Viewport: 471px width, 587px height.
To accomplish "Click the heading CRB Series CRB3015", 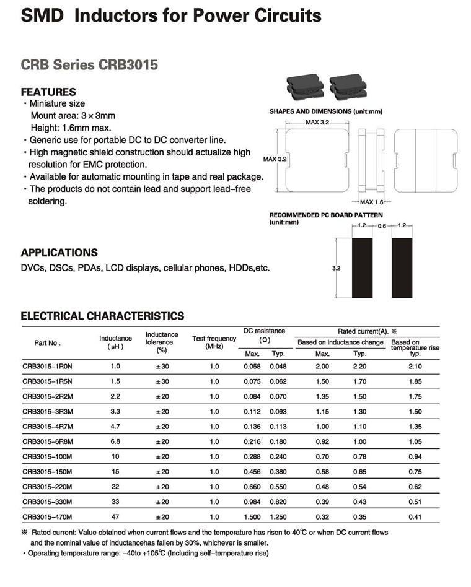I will [x=89, y=64].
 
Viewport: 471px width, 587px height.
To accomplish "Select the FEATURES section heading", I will [x=48, y=92].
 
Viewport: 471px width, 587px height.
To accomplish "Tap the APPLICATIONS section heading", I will [x=59, y=253].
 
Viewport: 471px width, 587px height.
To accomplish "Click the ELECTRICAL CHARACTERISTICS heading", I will [x=102, y=316].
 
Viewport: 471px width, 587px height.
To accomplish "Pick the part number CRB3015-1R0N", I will [x=48, y=367].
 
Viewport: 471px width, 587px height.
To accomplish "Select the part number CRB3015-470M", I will [x=48, y=516].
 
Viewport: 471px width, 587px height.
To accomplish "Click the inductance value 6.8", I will [x=115, y=441].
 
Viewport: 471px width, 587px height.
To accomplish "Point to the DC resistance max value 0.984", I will [x=252, y=501].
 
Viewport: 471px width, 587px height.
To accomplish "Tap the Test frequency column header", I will [x=214, y=342].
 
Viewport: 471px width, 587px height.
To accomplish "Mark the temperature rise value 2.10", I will [x=415, y=367].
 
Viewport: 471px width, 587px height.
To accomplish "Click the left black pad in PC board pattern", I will [x=363, y=269].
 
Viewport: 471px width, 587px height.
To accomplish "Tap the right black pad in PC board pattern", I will [x=402, y=269].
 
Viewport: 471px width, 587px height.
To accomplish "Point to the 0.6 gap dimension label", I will [x=382, y=227].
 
